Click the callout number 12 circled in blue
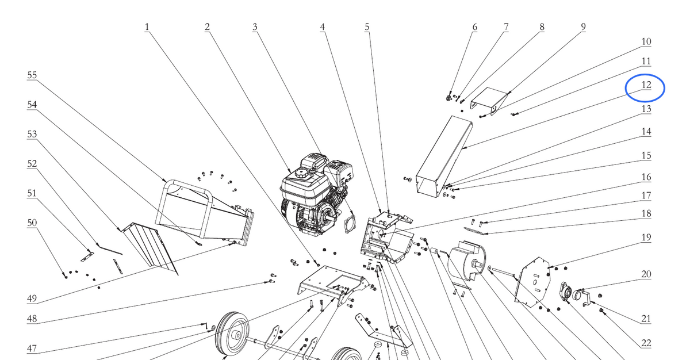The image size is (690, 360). pos(646,85)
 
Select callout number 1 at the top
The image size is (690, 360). pos(147,27)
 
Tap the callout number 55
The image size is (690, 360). pos(32,75)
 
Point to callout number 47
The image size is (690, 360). pos(32,348)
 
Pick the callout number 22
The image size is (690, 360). pos(646,343)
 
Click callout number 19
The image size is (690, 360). pos(646,237)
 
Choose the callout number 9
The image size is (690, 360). pos(583,27)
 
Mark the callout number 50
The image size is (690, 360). pos(32,223)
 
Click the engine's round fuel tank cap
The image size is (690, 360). pos(301,173)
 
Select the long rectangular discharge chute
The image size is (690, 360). pos(444,156)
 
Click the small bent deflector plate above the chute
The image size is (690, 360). pos(489,101)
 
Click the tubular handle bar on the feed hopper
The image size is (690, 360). pos(188,184)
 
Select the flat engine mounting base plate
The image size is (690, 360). pos(333,284)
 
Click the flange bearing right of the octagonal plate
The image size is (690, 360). pos(566,292)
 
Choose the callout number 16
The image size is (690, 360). pos(646,177)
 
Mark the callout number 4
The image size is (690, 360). pos(322,27)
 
